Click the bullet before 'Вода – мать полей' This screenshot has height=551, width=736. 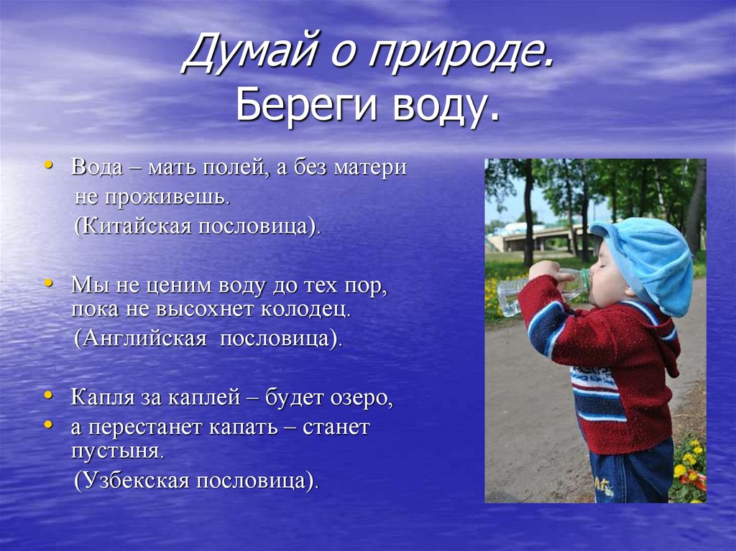[48, 166]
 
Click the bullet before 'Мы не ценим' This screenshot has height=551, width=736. [48, 284]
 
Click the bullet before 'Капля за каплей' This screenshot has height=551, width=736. [48, 395]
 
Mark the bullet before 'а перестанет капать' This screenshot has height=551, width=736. [48, 425]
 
